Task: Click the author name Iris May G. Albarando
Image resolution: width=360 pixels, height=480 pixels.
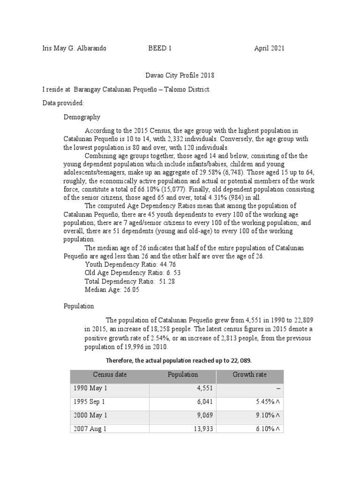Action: coord(74,48)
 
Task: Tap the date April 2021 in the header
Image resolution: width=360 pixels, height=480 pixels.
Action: coord(269,48)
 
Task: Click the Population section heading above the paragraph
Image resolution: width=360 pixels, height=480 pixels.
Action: coord(79,306)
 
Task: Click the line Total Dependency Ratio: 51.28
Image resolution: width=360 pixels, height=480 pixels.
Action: coord(120,281)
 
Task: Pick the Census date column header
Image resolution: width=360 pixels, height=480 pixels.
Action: coord(110,375)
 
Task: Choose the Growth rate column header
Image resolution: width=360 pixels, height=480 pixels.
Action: coord(249,375)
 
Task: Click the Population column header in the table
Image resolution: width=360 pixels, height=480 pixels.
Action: coord(183,375)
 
